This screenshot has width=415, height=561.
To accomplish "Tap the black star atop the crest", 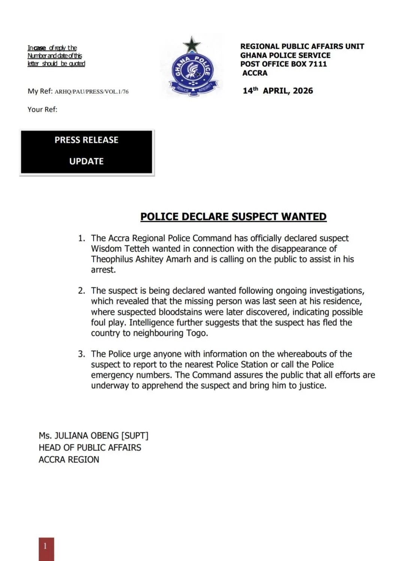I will [192, 45].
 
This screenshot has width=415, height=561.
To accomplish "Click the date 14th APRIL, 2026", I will [278, 91].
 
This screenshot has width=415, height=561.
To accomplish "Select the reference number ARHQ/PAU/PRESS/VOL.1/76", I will [92, 91].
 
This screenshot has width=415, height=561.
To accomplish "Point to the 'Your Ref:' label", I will [42, 109].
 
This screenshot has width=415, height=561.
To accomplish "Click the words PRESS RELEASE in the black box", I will [86, 140].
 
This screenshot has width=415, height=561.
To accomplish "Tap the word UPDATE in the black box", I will [86, 162].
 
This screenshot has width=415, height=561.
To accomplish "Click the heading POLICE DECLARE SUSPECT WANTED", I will [233, 217].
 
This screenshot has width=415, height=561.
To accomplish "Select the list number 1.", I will [81, 238].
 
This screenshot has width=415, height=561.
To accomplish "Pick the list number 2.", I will [81, 291].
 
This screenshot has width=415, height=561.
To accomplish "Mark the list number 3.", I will [81, 354].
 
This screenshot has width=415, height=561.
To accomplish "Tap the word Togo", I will [197, 333].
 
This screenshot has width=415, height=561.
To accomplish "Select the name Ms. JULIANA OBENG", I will [78, 436].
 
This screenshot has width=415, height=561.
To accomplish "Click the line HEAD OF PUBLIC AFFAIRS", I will [90, 448].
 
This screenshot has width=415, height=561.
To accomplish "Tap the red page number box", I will [46, 549].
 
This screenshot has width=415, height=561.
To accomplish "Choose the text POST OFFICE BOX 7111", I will [284, 64].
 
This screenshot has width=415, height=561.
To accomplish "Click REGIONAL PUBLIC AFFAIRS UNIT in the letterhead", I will [302, 46].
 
